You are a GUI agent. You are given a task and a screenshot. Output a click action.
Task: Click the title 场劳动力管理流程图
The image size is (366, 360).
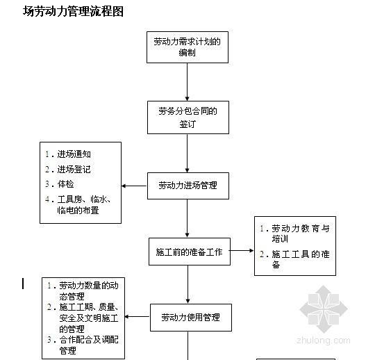click(x=73, y=11)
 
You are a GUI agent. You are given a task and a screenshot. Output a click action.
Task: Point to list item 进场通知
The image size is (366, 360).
click(x=68, y=154)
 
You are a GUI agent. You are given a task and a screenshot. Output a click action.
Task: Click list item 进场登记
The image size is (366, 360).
click(x=68, y=170)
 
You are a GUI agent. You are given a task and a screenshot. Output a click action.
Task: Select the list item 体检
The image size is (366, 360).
click(x=60, y=184)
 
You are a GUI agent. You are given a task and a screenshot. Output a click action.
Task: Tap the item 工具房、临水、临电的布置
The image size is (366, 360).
click(x=78, y=205)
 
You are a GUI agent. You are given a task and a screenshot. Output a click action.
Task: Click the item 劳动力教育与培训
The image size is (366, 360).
click(x=294, y=234)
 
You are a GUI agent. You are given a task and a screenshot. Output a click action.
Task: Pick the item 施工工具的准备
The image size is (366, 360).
click(x=294, y=259)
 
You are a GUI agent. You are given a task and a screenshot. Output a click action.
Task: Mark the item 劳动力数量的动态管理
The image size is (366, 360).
click(x=83, y=291)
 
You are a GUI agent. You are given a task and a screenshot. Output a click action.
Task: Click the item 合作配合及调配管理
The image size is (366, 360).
click(x=83, y=345)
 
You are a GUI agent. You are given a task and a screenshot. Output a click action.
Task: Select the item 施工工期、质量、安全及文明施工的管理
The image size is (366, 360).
click(x=83, y=318)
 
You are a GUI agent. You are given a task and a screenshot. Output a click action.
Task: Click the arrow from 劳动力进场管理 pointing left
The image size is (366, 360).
click(x=135, y=186)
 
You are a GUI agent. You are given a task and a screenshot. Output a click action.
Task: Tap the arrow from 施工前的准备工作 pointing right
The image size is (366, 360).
click(x=242, y=251)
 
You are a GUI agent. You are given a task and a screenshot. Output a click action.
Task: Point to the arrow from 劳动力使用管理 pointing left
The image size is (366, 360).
click(x=138, y=317)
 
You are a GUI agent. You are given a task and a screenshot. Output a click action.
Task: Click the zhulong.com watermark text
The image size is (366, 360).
click(x=324, y=341)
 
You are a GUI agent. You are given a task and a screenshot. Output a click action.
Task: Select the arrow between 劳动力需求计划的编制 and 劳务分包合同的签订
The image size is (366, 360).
click(x=187, y=82)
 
